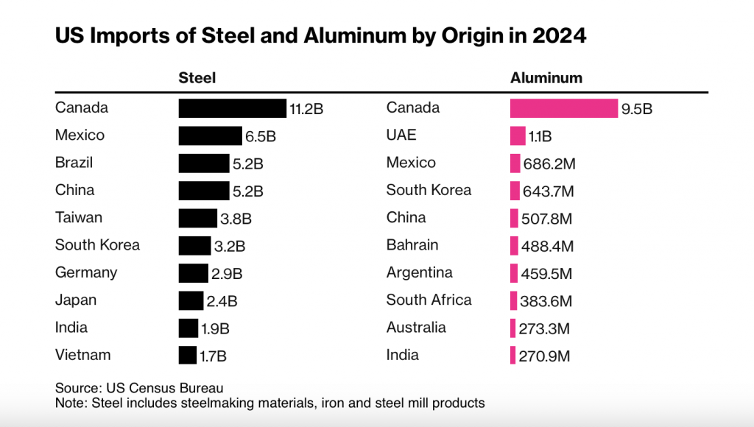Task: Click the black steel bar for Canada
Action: point(232,108)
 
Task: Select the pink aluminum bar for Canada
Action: point(563,108)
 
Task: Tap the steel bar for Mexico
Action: point(210,135)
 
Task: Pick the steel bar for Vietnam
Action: point(188,355)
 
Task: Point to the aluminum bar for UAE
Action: point(518,135)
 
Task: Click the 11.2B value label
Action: point(306,110)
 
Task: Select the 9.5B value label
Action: point(637,110)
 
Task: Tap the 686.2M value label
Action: point(549,164)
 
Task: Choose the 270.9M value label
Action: point(544,356)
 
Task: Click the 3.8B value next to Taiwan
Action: point(236,219)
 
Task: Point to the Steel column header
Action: point(197,78)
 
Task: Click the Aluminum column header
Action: point(546,78)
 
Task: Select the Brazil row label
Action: point(74,163)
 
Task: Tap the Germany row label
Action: point(86,272)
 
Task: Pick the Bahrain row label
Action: point(412,244)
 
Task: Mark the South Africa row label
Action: point(429,300)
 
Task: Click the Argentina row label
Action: point(419,272)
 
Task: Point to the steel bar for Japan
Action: point(191,300)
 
